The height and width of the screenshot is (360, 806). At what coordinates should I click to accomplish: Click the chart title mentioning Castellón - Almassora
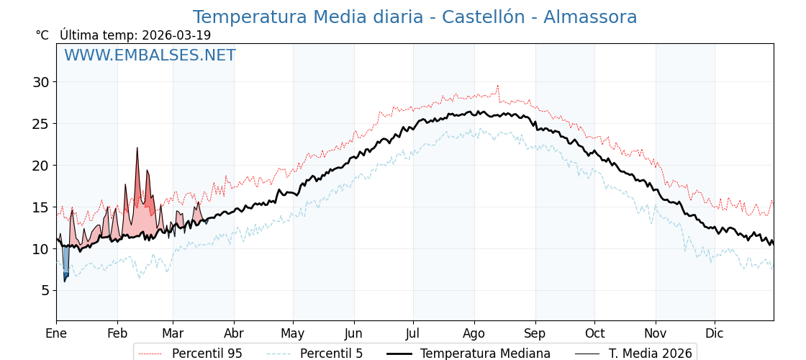point(415,17)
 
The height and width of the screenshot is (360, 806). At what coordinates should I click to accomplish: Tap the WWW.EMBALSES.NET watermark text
point(150,55)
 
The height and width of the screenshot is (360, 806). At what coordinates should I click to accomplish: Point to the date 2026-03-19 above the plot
point(176,35)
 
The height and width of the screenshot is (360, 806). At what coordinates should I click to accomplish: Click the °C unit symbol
point(42,35)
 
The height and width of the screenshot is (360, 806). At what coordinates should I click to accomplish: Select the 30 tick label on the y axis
point(40,82)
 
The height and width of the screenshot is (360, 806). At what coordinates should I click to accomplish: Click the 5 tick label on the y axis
point(45,290)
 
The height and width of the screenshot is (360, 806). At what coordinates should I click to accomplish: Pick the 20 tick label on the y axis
point(40,166)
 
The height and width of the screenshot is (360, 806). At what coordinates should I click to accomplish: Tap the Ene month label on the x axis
point(56,333)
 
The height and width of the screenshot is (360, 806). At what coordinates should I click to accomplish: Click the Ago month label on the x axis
point(474,333)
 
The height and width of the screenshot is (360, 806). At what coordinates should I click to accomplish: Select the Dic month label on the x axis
point(715,333)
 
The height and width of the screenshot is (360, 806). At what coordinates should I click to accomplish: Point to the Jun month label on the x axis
point(354,333)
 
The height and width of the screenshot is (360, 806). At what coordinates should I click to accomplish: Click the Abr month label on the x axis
point(234,333)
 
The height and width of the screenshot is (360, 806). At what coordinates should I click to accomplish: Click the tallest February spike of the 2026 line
point(137,149)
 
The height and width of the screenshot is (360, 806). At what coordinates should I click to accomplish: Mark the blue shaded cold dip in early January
point(65,263)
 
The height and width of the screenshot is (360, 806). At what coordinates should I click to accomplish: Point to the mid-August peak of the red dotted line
point(497,86)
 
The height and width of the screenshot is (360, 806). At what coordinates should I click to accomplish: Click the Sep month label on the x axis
point(535,333)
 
